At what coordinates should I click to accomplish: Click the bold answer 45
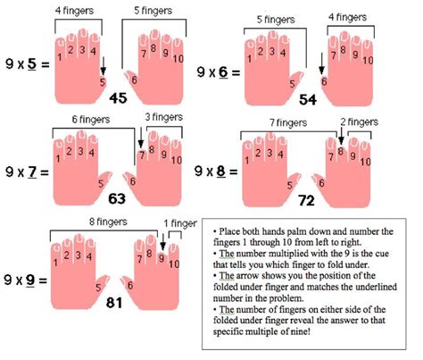[x=118, y=97]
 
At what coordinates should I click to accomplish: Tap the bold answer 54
[x=308, y=99]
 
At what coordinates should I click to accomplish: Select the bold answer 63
[x=117, y=198]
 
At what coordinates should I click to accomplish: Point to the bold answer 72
[x=306, y=201]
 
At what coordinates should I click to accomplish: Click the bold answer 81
[x=114, y=303]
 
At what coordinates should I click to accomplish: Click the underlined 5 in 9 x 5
[x=31, y=64]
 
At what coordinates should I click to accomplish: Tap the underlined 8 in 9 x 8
[x=221, y=172]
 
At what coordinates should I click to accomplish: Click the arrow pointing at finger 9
[x=162, y=242]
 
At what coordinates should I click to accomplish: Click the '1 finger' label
[x=180, y=223]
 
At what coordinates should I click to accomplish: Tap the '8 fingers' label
[x=108, y=222]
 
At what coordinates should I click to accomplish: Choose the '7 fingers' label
[x=288, y=122]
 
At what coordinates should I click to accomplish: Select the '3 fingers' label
[x=164, y=117]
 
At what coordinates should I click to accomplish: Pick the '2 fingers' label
[x=360, y=121]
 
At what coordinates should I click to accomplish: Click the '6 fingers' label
[x=91, y=120]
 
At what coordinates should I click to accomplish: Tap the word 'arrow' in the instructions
[x=248, y=276]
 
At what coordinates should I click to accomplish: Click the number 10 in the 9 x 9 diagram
[x=174, y=264]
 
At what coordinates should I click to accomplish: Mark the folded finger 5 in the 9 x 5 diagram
[x=103, y=81]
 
